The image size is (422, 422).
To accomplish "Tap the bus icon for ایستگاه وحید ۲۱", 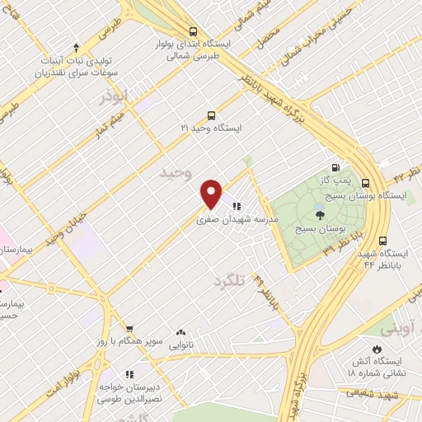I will click(x=212, y=116).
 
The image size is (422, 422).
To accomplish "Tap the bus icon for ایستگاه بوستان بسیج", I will click(x=365, y=184).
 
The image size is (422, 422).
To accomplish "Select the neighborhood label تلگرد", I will click(x=229, y=281).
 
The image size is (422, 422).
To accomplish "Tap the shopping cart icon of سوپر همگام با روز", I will click(x=129, y=328).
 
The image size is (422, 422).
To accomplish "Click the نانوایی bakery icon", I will click(x=180, y=332).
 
